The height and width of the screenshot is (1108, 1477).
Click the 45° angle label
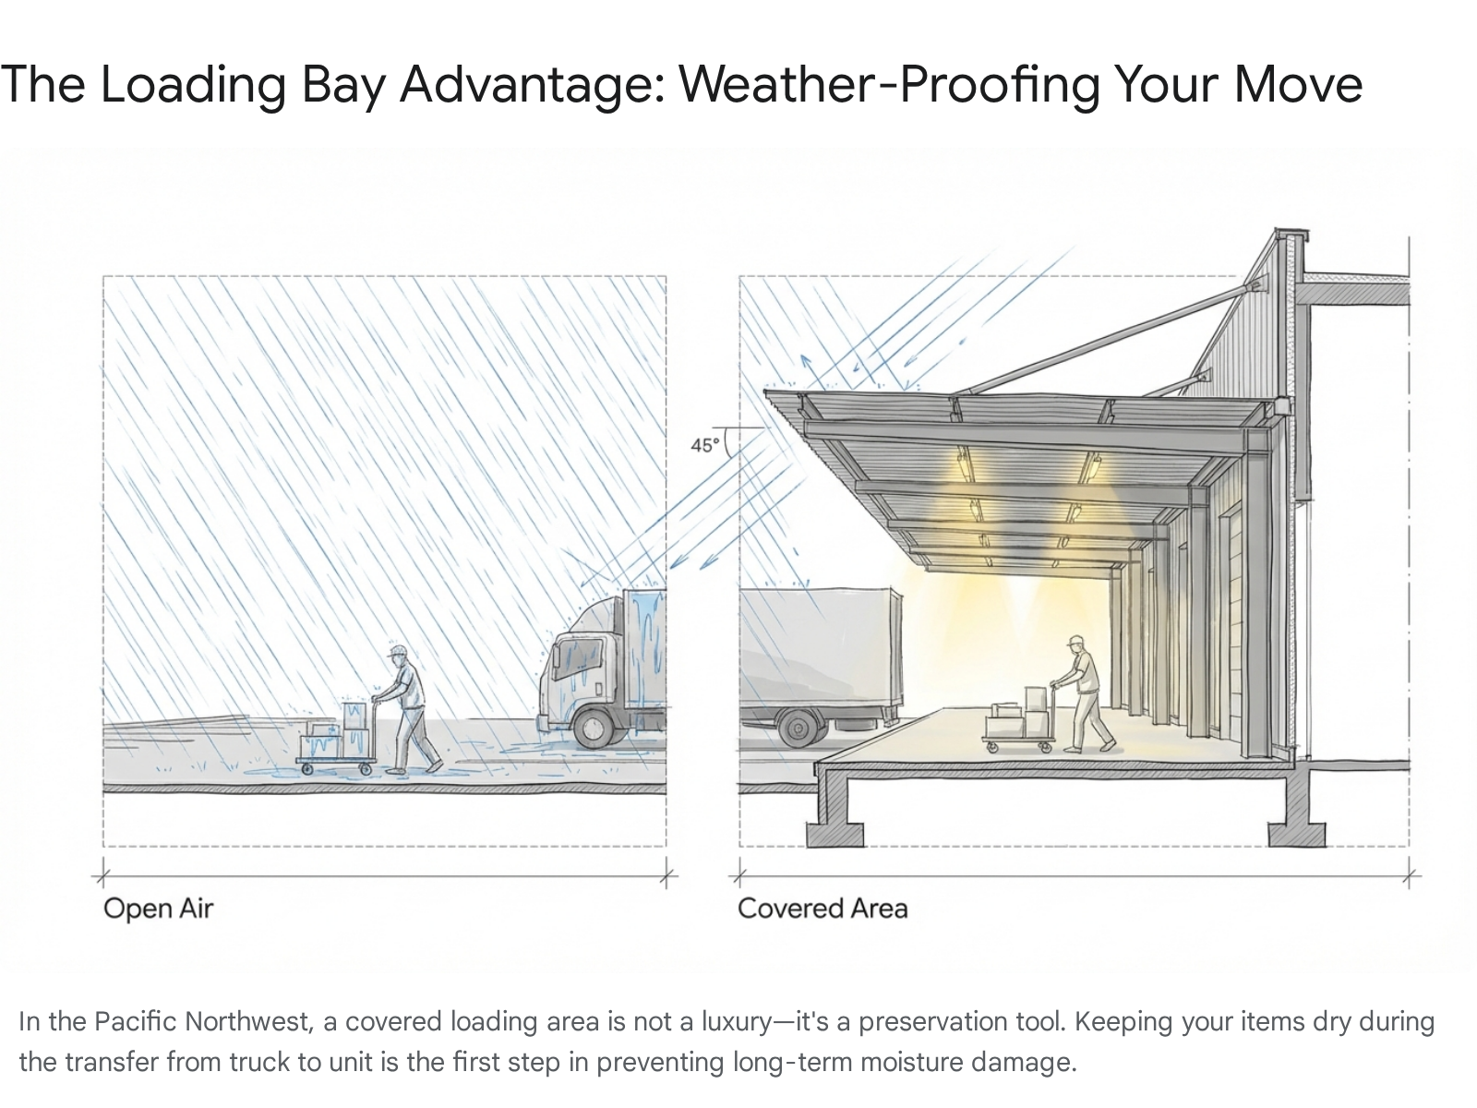[x=704, y=445]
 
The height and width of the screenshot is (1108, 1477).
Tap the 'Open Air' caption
[x=158, y=909]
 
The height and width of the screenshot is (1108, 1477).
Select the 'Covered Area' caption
[x=823, y=909]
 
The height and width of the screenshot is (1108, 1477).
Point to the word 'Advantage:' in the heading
[x=533, y=86]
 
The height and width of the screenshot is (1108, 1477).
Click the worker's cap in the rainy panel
[x=397, y=651]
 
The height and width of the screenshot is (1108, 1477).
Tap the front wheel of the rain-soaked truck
[x=593, y=727]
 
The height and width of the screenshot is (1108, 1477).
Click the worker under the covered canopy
[x=1085, y=693]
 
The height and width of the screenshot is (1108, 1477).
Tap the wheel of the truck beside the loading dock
[x=799, y=728]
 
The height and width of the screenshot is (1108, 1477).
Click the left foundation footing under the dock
[x=835, y=834]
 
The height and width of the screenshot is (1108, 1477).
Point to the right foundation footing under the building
[x=1297, y=834]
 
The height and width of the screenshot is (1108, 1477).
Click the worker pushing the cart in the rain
[x=406, y=710]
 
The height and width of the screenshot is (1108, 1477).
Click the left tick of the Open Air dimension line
[x=103, y=876]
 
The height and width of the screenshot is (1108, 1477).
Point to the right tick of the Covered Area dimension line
[x=1409, y=876]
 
